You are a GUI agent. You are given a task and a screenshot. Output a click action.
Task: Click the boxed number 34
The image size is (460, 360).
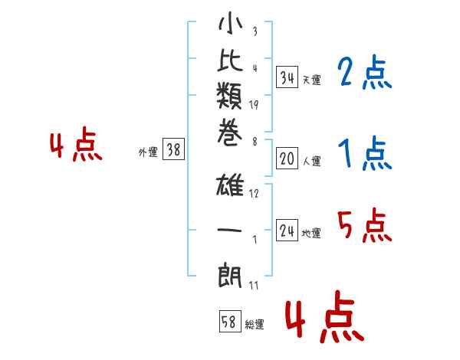point(287,77)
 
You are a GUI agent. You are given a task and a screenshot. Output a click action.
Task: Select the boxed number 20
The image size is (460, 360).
point(287,159)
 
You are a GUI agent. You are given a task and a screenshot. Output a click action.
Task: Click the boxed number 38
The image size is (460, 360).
point(173,151)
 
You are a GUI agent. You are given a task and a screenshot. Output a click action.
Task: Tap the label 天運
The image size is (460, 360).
point(311,80)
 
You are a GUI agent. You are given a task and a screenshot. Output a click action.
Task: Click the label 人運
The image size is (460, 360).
point(311,162)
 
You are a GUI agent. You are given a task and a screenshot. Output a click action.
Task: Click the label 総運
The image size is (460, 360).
point(255,325)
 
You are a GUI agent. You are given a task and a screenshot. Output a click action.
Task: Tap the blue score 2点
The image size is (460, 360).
point(365,74)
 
